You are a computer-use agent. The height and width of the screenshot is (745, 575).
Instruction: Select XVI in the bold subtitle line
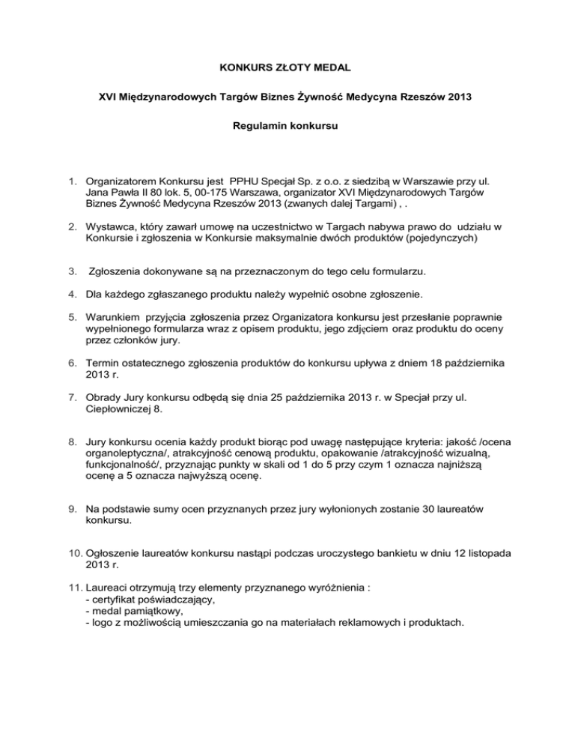pyautogui.click(x=109, y=98)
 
